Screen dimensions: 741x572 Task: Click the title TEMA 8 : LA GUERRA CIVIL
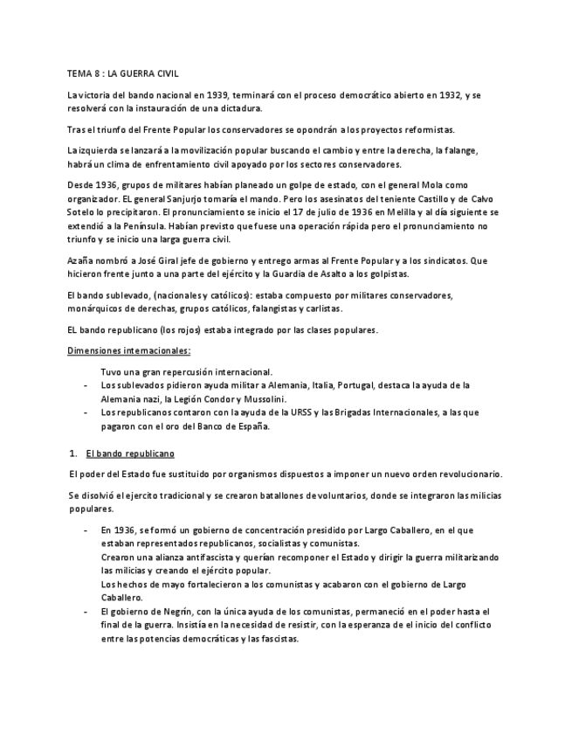122,74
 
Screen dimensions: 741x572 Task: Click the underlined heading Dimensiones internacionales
129,350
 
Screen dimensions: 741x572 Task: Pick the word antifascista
182,557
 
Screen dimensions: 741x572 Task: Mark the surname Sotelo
84,213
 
